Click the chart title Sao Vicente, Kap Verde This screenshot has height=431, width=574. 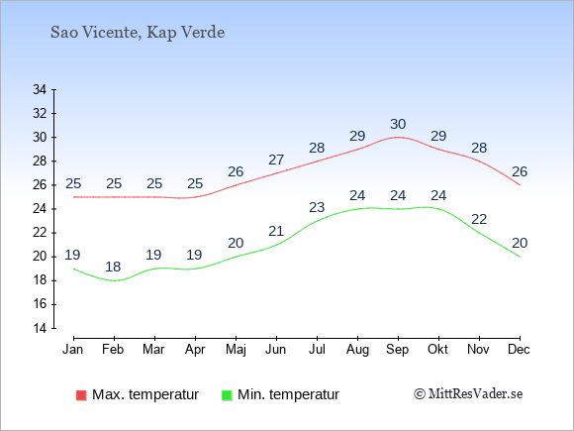(x=138, y=33)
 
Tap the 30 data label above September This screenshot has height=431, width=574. (x=398, y=124)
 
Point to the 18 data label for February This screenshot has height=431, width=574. (x=113, y=267)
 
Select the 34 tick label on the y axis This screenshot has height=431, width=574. (x=40, y=89)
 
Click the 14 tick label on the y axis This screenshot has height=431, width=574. (x=40, y=328)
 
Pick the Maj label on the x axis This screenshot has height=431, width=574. (x=236, y=350)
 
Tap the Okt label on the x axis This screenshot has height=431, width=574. (x=437, y=350)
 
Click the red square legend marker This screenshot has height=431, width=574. (x=81, y=395)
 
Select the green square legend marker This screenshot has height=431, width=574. (x=227, y=395)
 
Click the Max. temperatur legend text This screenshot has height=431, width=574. (x=145, y=394)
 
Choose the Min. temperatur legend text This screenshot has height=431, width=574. (x=288, y=394)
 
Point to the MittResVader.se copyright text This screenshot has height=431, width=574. (x=468, y=394)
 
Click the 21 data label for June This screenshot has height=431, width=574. (x=276, y=231)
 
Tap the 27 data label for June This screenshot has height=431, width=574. (x=276, y=160)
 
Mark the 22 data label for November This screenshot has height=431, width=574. (x=479, y=220)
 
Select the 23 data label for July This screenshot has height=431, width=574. (x=317, y=207)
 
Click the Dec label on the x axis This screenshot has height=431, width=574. (x=519, y=350)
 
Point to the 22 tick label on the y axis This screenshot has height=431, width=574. (x=40, y=233)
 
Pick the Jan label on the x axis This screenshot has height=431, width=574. (x=73, y=350)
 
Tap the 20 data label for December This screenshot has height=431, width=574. (x=520, y=243)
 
